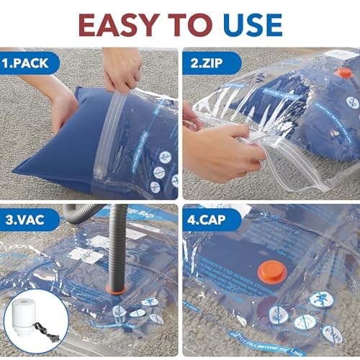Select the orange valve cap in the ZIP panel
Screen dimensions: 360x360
click(344, 73)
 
